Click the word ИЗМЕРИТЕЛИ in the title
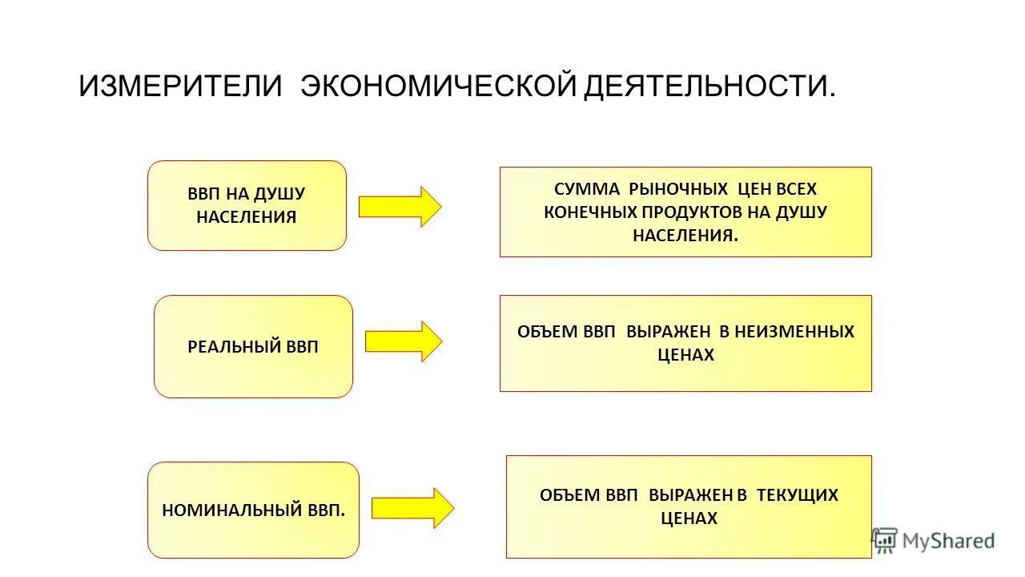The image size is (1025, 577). [x=180, y=86]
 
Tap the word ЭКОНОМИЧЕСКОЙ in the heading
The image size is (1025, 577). [x=438, y=86]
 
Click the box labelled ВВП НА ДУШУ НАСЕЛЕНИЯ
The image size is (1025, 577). [x=247, y=205]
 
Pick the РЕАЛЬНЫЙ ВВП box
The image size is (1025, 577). [x=253, y=346]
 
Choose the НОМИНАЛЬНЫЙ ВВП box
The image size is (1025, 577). [x=253, y=510]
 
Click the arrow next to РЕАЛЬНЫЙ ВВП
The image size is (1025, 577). [x=404, y=341]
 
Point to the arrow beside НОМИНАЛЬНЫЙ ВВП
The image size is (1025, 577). [x=412, y=508]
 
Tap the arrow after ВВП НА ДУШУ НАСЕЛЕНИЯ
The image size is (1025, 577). [x=400, y=207]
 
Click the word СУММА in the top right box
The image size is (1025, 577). [x=587, y=189]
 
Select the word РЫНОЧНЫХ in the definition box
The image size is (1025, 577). [x=678, y=189]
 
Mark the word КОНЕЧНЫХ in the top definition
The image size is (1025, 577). [x=589, y=212]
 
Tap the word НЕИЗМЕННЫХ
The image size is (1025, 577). [x=794, y=331]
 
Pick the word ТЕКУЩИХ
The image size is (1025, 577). [x=798, y=495]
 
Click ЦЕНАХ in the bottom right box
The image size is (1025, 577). [x=689, y=518]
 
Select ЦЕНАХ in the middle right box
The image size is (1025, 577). [x=685, y=354]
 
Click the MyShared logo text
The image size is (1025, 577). [x=948, y=541]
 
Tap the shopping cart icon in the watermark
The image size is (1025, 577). [x=884, y=540]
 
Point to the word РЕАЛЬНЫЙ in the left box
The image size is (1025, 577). [x=234, y=347]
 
